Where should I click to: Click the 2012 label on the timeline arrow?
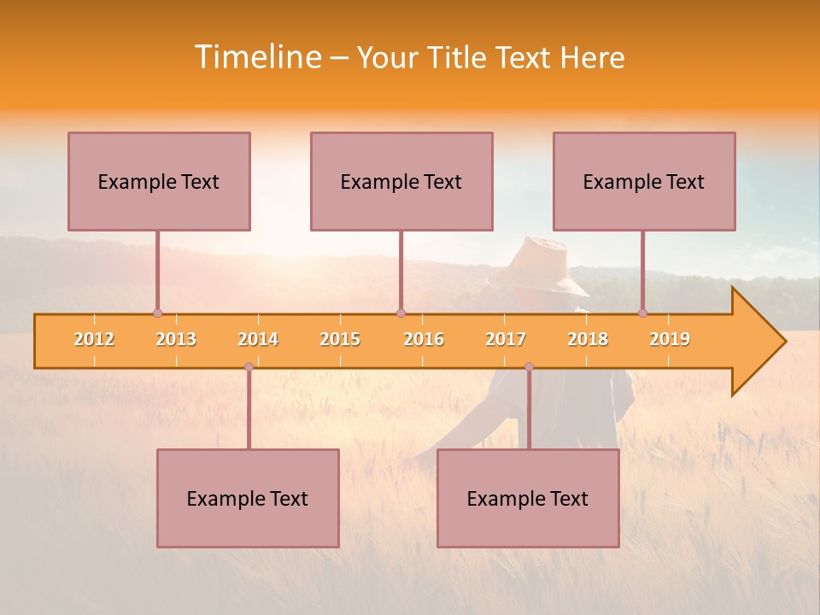pos(94,339)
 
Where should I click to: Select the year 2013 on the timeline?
pos(176,339)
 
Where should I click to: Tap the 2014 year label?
pos(258,339)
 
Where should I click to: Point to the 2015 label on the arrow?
pos(340,339)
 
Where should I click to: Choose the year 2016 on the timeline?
pos(424,339)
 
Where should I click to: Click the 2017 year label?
pos(506,339)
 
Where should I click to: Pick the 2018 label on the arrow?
pos(588,339)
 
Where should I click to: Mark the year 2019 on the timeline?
pos(670,339)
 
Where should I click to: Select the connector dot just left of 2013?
pos(157,313)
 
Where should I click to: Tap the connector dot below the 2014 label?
pos(249,366)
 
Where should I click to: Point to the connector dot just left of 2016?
pos(401,313)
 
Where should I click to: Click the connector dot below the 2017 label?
pos(529,366)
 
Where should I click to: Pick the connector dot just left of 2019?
pos(642,313)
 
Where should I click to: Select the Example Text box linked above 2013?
pos(159,181)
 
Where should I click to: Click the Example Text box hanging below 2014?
pos(248,498)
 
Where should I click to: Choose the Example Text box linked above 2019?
pos(644,181)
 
